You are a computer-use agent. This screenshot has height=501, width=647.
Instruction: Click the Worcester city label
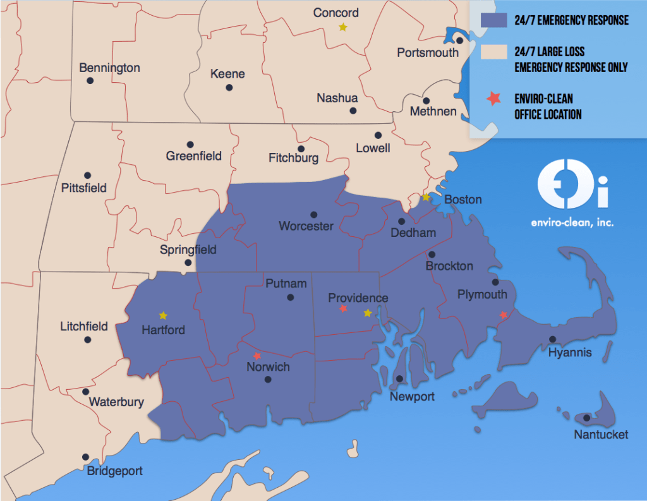click(x=306, y=226)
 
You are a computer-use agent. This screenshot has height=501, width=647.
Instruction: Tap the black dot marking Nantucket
click(x=587, y=418)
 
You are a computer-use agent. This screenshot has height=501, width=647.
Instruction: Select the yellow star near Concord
click(x=342, y=27)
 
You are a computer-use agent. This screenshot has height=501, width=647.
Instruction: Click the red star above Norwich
click(x=257, y=356)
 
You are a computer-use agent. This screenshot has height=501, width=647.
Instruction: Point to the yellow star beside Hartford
click(x=163, y=315)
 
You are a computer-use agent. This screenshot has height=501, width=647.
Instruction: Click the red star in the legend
click(x=493, y=98)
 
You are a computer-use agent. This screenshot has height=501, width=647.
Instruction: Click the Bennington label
click(x=109, y=68)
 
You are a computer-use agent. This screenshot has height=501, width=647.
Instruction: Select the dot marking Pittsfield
click(x=88, y=175)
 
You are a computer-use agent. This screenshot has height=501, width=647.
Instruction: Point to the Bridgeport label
click(x=114, y=471)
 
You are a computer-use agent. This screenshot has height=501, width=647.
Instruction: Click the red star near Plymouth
click(x=503, y=315)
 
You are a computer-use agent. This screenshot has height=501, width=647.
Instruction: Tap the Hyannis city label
click(x=570, y=353)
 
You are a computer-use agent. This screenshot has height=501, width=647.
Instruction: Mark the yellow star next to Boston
click(x=426, y=198)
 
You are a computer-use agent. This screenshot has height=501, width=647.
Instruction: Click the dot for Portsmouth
click(x=461, y=40)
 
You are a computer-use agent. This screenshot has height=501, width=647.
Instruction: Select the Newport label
click(x=412, y=397)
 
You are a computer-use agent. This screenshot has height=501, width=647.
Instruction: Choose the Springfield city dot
click(x=188, y=263)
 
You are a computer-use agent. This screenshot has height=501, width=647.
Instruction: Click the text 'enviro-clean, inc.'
click(x=572, y=222)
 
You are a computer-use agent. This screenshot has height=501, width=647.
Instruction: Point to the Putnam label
click(x=286, y=283)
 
